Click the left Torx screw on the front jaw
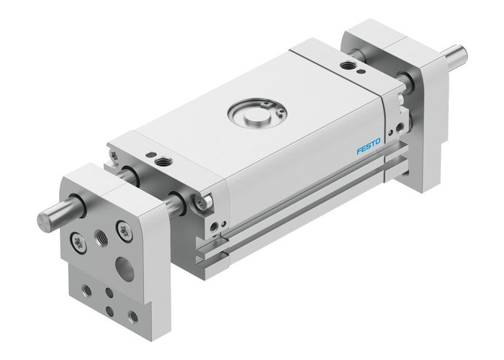(x=76, y=238)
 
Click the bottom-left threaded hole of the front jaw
(x=86, y=291)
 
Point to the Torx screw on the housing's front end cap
(x=202, y=204)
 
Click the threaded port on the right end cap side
(x=397, y=127)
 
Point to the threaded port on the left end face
(x=217, y=230)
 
